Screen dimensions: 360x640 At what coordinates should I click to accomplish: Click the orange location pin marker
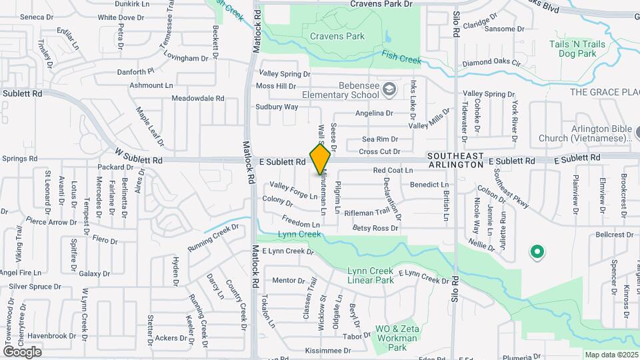pos(320,159)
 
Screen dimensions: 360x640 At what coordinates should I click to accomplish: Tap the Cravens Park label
pos(337,36)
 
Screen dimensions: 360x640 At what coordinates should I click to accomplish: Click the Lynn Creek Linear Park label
pos(371,275)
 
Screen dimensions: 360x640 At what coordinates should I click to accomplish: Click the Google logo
pos(22,351)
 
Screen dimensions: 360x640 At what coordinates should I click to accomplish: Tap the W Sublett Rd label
pos(138,161)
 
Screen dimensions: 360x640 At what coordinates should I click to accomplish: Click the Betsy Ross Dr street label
pos(375,228)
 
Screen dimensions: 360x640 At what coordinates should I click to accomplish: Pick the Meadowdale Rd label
pos(198,98)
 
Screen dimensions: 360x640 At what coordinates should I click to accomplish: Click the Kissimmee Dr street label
pos(327,351)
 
